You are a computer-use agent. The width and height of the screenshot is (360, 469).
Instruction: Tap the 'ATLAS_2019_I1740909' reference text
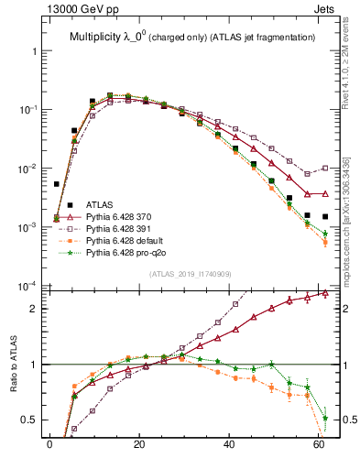(x=189, y=274)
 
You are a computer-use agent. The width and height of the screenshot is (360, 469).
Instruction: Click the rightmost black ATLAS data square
(x=325, y=216)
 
